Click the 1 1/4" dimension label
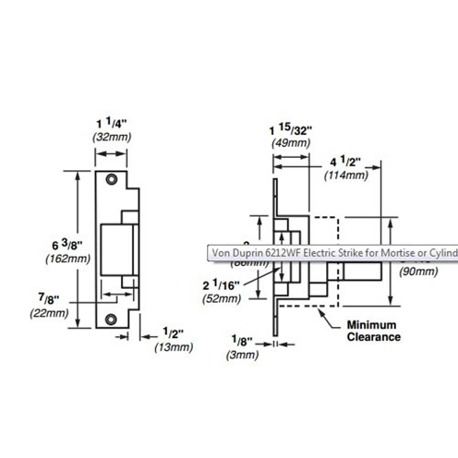[x=112, y=124]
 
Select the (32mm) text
[x=112, y=137]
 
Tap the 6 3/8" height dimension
[x=67, y=245]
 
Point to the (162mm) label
[x=68, y=259]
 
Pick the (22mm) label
[x=49, y=313]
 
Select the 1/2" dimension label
[x=173, y=333]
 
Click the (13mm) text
[x=174, y=347]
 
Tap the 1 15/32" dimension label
[x=291, y=130]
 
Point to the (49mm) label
[x=291, y=143]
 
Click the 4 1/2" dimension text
[x=346, y=162]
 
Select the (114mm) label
[x=346, y=176]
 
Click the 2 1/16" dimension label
[x=221, y=285]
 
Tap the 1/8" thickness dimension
[x=242, y=341]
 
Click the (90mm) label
[x=418, y=272]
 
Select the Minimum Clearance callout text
[x=373, y=331]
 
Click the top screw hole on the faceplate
[x=111, y=179]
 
